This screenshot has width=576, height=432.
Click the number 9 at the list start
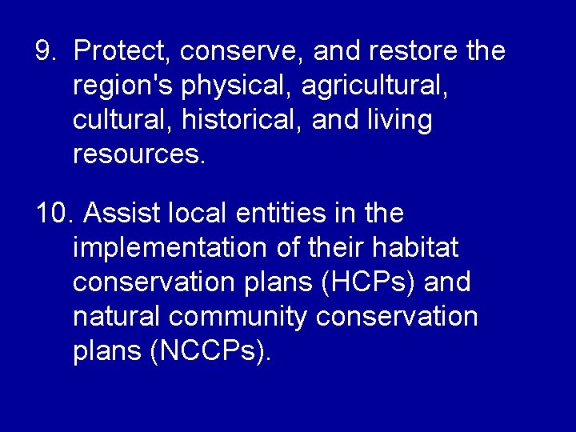(x=45, y=51)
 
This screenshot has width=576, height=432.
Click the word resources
(x=139, y=154)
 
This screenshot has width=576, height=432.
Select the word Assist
(x=118, y=214)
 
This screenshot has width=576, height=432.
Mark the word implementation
(x=170, y=249)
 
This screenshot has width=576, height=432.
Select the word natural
(x=117, y=317)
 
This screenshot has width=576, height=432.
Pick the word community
(x=238, y=318)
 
